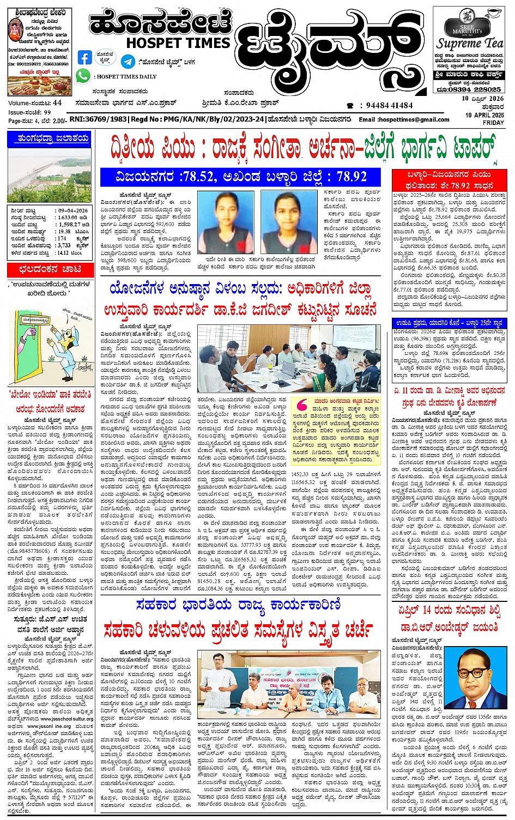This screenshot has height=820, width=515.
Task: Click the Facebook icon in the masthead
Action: coord(84,57)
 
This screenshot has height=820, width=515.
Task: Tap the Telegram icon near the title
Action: coord(129,61)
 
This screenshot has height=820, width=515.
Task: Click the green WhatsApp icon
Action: coord(83,76)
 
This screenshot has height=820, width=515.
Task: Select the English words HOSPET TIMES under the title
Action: coord(178,43)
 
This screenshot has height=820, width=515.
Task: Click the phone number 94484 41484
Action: coord(390,105)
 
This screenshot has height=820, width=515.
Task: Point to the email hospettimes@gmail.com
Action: coord(413,119)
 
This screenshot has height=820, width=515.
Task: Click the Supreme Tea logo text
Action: coord(470,43)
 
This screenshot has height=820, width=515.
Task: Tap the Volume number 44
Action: coord(57,102)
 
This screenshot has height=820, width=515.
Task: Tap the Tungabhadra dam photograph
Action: coord(50,174)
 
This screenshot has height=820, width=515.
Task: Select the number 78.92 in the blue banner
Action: coord(352,176)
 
